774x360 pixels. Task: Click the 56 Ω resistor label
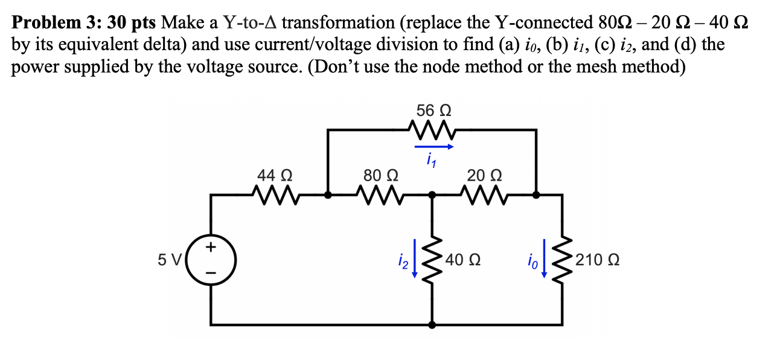[433, 111]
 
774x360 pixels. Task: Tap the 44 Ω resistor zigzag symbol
[275, 195]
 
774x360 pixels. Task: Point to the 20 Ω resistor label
[484, 176]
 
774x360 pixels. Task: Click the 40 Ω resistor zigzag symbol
[432, 260]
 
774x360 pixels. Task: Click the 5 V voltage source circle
[211, 261]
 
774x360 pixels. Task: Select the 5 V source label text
[169, 261]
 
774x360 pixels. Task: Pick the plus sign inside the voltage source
[211, 247]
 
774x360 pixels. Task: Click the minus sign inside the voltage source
[211, 273]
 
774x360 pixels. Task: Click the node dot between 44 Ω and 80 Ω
[328, 195]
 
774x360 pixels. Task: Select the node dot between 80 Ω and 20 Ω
[432, 195]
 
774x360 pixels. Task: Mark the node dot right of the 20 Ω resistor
[536, 195]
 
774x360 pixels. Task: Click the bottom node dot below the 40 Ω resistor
[432, 325]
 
